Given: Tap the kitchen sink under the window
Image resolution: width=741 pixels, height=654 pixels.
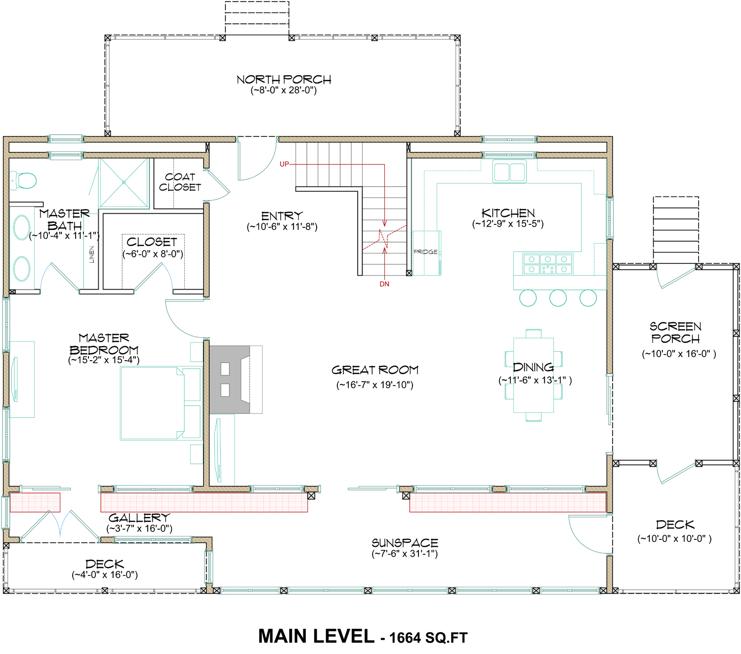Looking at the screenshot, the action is tap(509, 171).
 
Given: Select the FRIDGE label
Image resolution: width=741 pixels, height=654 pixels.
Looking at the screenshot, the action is tap(425, 251).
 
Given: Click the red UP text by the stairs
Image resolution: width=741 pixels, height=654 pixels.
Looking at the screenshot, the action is tap(284, 164).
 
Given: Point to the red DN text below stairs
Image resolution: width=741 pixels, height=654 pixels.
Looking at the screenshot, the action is tap(384, 284).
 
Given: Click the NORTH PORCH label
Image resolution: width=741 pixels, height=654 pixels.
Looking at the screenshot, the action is tap(284, 80).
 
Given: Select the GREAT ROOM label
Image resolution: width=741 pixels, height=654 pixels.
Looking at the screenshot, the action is tap(375, 370).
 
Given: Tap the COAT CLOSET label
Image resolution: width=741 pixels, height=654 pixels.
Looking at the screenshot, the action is tap(180, 182).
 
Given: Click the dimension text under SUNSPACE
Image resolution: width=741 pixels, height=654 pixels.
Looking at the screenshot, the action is tap(405, 553).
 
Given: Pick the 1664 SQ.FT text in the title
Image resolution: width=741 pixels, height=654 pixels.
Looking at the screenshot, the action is tap(428, 638).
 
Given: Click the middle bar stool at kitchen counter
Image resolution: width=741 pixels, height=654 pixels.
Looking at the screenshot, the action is tap(558, 298).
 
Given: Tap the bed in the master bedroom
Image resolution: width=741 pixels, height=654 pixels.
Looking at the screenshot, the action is tap(161, 403).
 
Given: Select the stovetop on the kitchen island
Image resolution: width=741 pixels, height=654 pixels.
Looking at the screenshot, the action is tap(548, 264).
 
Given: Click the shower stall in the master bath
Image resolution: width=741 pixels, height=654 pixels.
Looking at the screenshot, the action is tap(124, 183).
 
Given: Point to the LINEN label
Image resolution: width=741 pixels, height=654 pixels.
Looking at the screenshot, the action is tap(91, 254).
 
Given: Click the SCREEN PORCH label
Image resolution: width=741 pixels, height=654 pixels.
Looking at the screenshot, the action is tap(675, 332).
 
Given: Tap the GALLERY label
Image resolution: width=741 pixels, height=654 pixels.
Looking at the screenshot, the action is tap(139, 518).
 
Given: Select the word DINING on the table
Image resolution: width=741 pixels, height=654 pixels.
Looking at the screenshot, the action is tap(533, 367).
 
